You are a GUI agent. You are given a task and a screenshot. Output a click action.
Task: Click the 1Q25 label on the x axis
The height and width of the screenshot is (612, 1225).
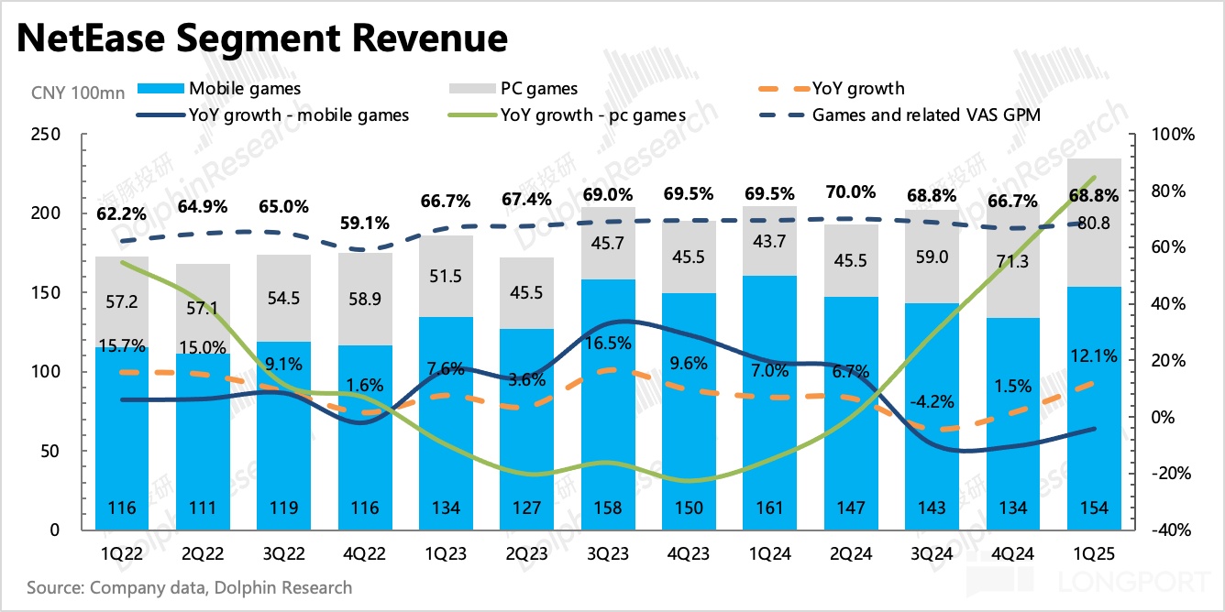1094,553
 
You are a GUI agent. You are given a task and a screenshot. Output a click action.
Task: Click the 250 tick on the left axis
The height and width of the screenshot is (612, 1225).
46,135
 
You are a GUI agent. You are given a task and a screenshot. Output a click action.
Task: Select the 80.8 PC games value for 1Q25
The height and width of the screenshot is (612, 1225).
1094,223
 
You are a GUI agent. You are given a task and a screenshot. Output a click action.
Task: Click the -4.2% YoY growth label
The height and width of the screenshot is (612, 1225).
933,401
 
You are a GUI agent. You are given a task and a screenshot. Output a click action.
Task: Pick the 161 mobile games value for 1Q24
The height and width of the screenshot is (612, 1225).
770,508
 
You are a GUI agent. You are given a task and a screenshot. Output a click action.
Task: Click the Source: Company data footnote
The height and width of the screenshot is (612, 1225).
189,587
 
